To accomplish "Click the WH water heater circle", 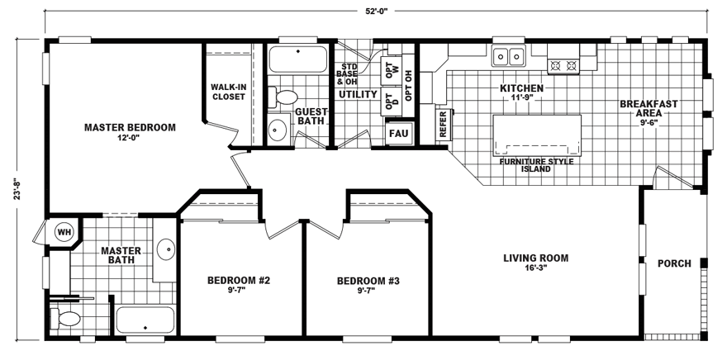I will coord(64,232).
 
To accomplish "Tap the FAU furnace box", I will coord(398,132).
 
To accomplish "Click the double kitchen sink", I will coord(510,56).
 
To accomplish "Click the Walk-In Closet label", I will coord(228,92).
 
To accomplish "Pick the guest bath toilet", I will coord(284,97).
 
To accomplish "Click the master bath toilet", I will coord(67,319).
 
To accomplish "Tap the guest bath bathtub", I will coord(297,60).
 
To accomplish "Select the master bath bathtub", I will coord(145,320).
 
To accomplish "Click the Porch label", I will coord(673,264).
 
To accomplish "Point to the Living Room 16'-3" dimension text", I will coord(536,268).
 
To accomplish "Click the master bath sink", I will coord(166,248).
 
